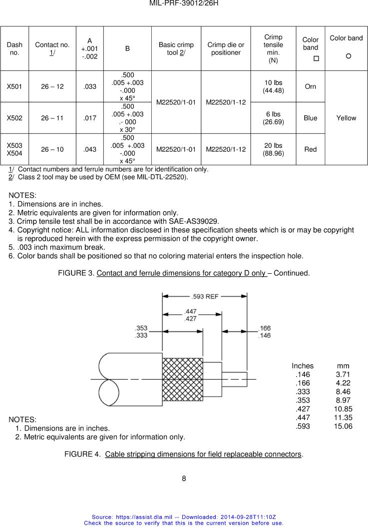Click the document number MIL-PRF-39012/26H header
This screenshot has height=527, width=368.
[x=184, y=3]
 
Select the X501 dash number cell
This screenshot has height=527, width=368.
[x=14, y=86]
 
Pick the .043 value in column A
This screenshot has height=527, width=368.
[x=90, y=149]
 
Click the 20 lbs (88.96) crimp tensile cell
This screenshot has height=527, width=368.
[x=273, y=149]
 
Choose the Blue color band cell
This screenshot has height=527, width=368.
[x=311, y=118]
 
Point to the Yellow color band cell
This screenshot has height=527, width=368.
[x=346, y=118]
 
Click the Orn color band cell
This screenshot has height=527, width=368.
[x=311, y=86]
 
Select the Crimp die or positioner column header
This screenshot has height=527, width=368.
[x=226, y=48]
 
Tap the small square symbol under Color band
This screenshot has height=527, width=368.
[x=316, y=59]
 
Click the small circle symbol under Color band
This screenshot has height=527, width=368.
[x=348, y=56]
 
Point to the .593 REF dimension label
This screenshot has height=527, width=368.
[x=205, y=296]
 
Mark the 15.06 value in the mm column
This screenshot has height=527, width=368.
[x=343, y=426]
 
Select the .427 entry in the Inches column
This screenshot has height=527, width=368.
[x=303, y=409]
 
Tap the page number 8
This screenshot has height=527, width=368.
[x=184, y=478]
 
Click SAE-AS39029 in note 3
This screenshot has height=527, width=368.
[x=192, y=221]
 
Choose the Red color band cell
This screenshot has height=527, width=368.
[x=311, y=149]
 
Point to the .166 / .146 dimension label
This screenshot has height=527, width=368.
[x=264, y=332]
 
